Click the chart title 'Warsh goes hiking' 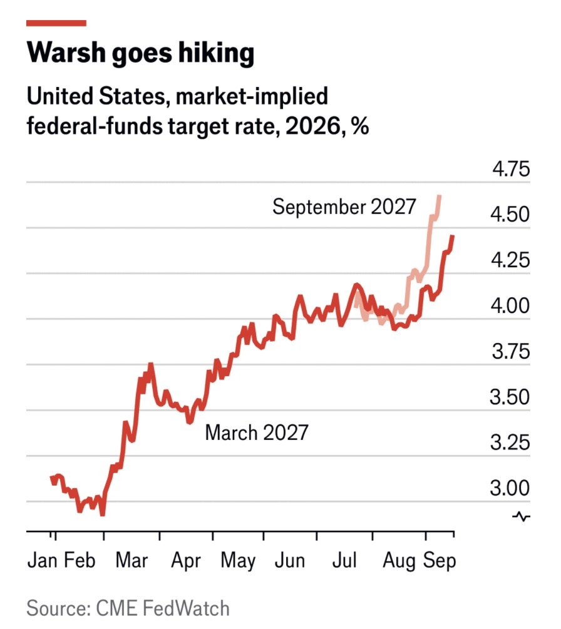pyautogui.click(x=140, y=53)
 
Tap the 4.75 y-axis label pyautogui.click(x=511, y=169)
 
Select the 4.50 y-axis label pyautogui.click(x=510, y=214)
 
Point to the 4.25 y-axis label pyautogui.click(x=510, y=260)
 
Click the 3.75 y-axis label pyautogui.click(x=511, y=351)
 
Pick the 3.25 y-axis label pyautogui.click(x=510, y=442)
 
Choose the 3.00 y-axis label pyautogui.click(x=510, y=488)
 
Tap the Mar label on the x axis pyautogui.click(x=131, y=560)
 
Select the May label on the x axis pyautogui.click(x=238, y=561)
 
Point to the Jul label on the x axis pyautogui.click(x=344, y=560)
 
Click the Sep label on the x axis pyautogui.click(x=440, y=561)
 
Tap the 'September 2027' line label pyautogui.click(x=344, y=207)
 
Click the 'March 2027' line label pyautogui.click(x=257, y=433)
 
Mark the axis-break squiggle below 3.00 pyautogui.click(x=521, y=517)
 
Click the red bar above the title pyautogui.click(x=56, y=23)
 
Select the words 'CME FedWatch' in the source pyautogui.click(x=163, y=608)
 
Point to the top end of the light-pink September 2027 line pyautogui.click(x=440, y=195)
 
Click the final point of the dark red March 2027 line pyautogui.click(x=452, y=237)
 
